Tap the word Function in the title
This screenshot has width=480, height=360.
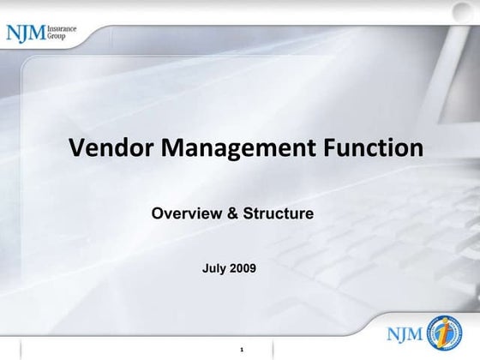(x=374, y=147)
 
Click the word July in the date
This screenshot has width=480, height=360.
(x=214, y=268)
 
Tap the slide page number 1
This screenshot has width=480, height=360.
(x=243, y=348)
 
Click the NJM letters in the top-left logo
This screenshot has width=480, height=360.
(x=26, y=33)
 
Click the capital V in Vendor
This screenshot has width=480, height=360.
(x=76, y=147)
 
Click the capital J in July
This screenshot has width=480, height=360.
(x=205, y=268)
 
